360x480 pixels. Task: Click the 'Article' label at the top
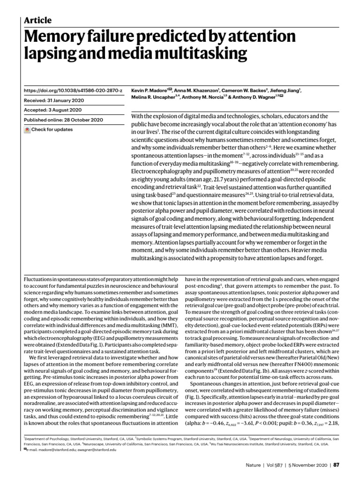tap(37, 20)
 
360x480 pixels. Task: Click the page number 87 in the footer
tap(336, 465)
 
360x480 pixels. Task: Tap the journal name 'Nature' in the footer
tap(255, 465)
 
